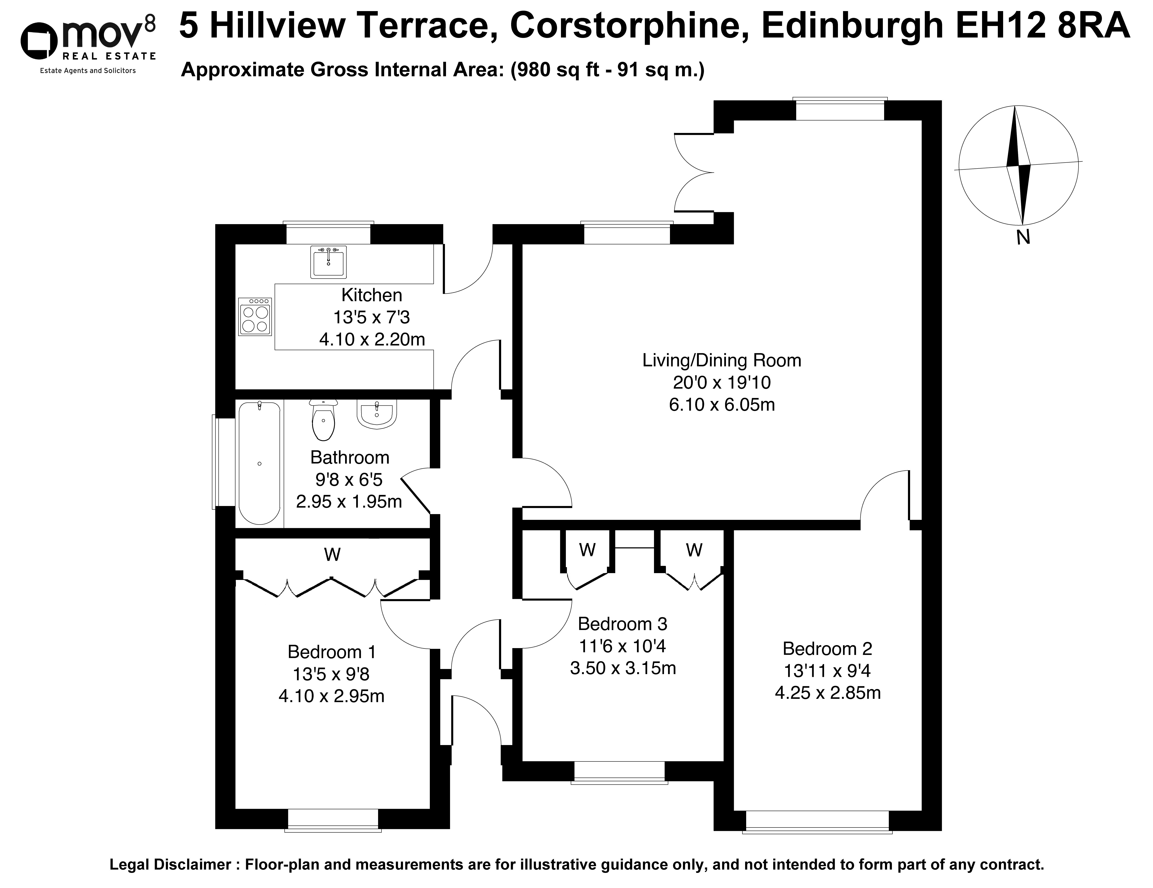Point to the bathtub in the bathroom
[x=260, y=463]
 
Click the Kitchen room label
[x=372, y=295]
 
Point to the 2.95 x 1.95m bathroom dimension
[x=349, y=501]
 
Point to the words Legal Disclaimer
[x=171, y=865]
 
